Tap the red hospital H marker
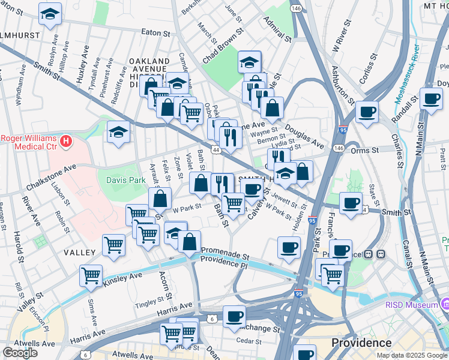67,142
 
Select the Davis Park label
126,179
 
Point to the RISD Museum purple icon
445,305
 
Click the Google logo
20,353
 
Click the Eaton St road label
154,32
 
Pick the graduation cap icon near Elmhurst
50,13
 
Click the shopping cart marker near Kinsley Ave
91,275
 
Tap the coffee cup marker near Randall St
430,98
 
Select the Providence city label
362,343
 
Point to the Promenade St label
225,251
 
